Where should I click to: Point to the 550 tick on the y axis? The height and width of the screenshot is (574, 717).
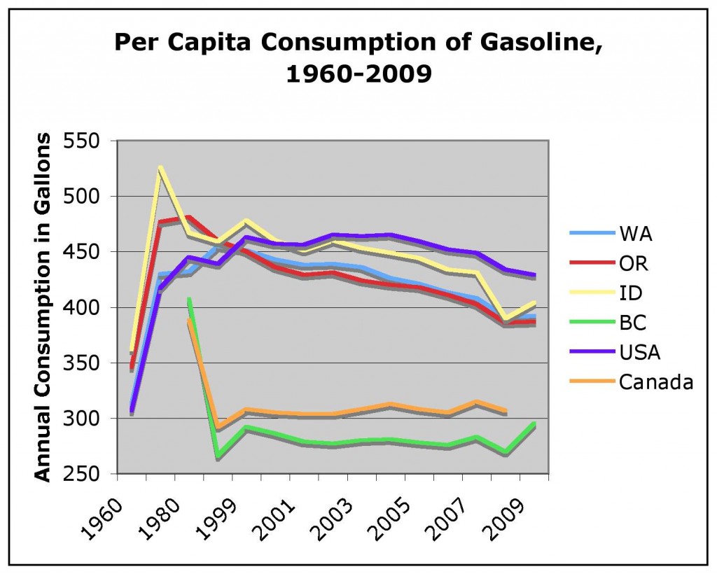coord(89,141)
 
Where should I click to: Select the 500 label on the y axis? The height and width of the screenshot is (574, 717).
coord(89,197)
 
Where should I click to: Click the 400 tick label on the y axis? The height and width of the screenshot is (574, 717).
coord(89,308)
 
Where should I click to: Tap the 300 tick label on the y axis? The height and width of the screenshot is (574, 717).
coord(89,419)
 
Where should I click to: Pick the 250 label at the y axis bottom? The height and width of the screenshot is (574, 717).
coord(89,475)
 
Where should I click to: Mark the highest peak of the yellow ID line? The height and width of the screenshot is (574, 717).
coord(160,168)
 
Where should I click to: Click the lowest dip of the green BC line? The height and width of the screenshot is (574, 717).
coord(218,456)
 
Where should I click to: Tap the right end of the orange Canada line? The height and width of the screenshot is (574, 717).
coord(506,411)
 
